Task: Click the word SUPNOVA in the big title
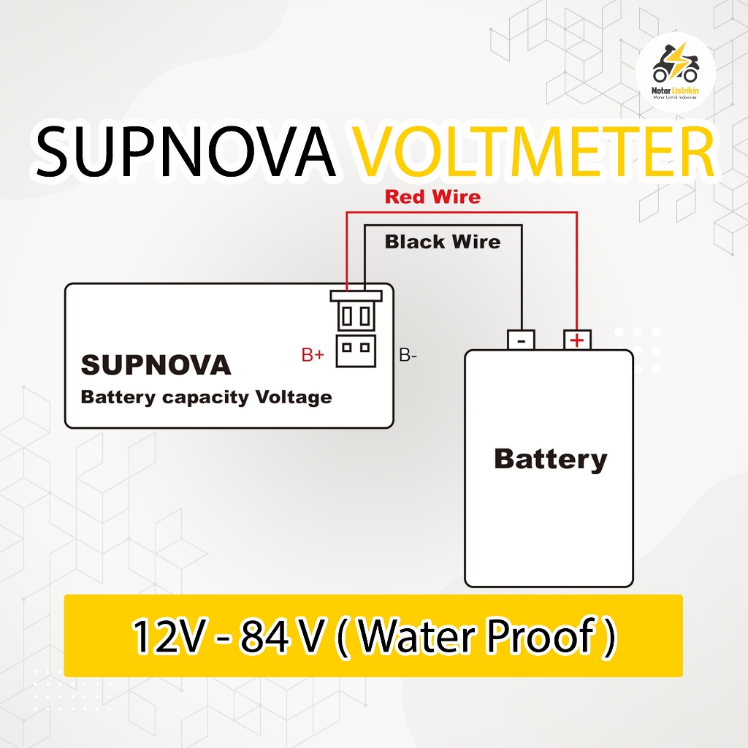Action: (186, 153)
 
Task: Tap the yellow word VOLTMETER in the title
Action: (536, 153)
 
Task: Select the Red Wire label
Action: (432, 196)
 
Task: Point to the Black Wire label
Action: (443, 242)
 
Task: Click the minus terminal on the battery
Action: (522, 340)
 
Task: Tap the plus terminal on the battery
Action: (577, 340)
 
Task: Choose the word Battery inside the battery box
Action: (551, 459)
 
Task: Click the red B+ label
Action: (313, 356)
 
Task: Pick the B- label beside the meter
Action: (408, 356)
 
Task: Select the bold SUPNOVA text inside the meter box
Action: (156, 365)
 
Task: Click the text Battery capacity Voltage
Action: (206, 398)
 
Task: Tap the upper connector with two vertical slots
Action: (356, 314)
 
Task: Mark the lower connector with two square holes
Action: (356, 350)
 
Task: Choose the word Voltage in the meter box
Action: (294, 398)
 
